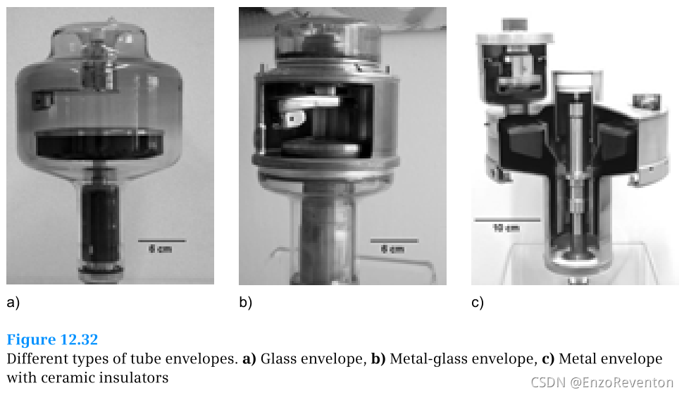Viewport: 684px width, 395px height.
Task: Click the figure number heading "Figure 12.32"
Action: [52, 341]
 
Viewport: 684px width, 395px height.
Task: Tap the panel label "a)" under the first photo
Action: [13, 303]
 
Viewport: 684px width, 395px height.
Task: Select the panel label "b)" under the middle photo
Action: [245, 303]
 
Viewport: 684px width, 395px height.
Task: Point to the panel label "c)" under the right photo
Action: [478, 303]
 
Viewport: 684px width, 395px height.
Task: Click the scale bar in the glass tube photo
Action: [161, 240]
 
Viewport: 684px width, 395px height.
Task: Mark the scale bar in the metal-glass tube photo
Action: [394, 240]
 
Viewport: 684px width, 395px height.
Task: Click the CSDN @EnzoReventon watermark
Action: [602, 382]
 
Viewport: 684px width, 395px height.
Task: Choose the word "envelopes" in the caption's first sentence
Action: [201, 359]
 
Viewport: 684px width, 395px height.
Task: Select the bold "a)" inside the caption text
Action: [249, 359]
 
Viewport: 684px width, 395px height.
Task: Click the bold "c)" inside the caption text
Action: [548, 359]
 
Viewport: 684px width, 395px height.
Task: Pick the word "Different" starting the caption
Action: [36, 359]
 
